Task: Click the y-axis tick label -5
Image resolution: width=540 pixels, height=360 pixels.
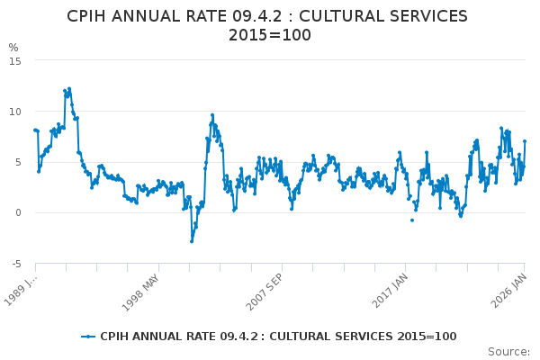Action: tap(16, 264)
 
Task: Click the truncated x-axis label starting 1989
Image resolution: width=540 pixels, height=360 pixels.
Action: tap(20, 288)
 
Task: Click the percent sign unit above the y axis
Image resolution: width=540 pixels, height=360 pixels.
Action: tap(13, 47)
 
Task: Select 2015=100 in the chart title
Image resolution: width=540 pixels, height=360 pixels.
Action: tap(270, 36)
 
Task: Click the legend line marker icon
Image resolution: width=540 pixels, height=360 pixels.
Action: tap(88, 337)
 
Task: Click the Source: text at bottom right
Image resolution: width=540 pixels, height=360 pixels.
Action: tap(509, 352)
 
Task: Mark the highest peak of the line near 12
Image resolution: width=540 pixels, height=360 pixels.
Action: tap(68, 89)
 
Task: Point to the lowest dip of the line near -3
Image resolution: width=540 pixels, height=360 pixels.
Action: tap(192, 241)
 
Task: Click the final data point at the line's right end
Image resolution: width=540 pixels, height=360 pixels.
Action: tap(525, 141)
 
